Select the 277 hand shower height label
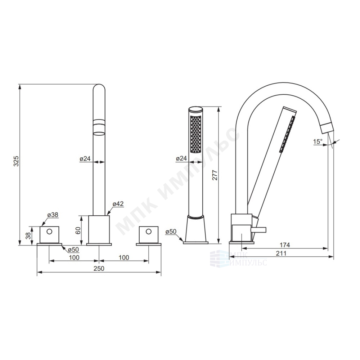pos(215,175)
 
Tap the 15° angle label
pos(318,141)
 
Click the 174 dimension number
pos(285,245)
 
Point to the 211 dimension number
pos(281,253)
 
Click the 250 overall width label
pos(99,269)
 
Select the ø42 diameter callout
pos(118,204)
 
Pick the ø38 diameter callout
pos(53,215)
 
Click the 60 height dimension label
pos(78,230)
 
